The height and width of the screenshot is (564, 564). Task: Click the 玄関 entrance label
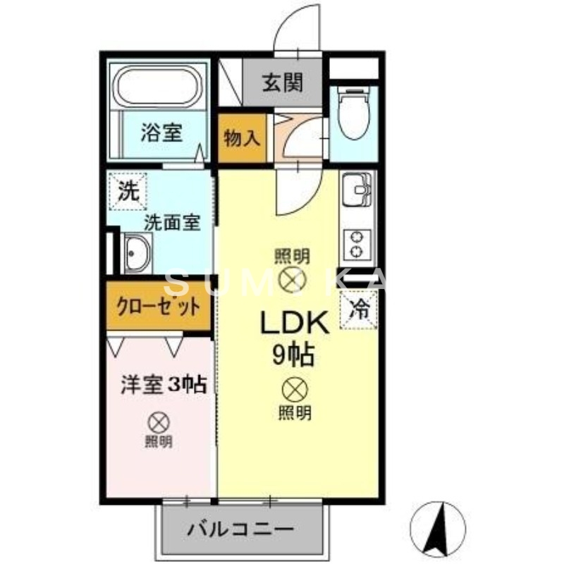(x=283, y=83)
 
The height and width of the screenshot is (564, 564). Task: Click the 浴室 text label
(x=161, y=133)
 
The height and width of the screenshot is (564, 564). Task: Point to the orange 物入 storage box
(x=242, y=138)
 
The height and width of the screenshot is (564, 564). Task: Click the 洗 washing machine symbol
(x=128, y=189)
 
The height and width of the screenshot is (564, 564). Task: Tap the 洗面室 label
(x=172, y=222)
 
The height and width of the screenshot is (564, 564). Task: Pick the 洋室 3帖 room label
(x=163, y=384)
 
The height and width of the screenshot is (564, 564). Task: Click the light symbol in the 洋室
(x=159, y=423)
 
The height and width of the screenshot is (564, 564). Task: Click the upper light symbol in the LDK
(x=292, y=280)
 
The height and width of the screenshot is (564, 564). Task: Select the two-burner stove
(x=359, y=243)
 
